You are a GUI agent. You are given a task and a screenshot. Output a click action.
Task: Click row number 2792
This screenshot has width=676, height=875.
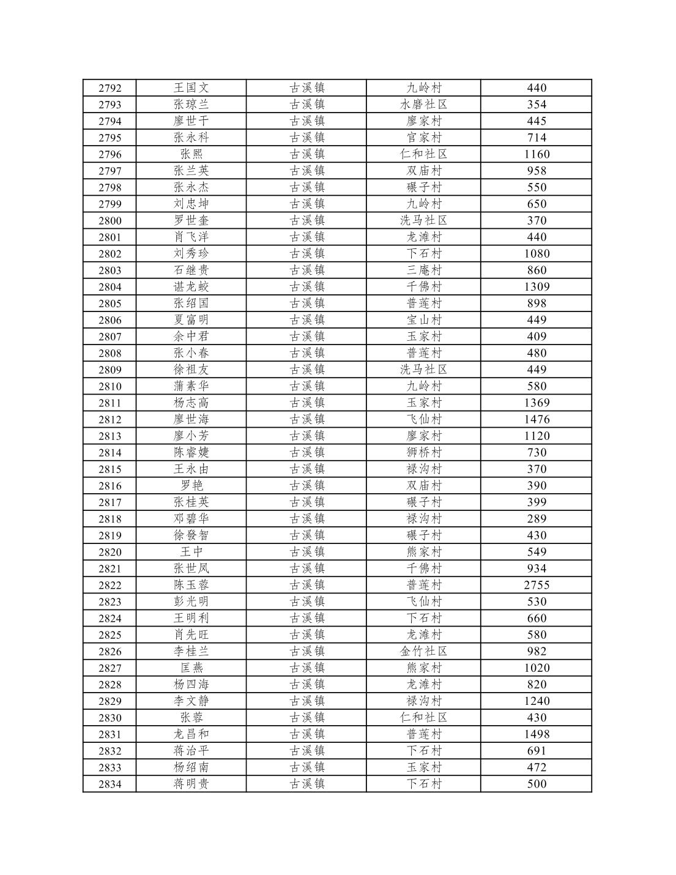coord(110,88)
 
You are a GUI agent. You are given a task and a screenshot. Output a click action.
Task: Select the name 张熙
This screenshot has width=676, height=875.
coord(191,154)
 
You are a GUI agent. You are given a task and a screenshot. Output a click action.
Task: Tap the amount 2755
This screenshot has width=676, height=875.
coord(537,585)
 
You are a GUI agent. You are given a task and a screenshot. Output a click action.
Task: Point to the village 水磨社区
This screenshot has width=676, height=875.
coord(423,105)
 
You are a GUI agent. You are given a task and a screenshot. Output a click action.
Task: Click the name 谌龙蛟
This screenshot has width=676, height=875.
coord(191,287)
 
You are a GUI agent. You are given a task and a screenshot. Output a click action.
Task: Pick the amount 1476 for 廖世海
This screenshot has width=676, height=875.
coord(537,420)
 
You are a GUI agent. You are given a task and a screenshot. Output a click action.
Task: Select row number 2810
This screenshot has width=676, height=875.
coord(110,386)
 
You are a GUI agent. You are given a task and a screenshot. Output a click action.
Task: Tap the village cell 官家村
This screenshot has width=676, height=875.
coord(423,138)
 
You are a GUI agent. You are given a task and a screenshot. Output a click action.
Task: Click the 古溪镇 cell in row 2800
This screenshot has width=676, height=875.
coord(306,221)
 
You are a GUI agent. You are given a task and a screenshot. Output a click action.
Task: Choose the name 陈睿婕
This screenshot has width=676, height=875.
coord(191,453)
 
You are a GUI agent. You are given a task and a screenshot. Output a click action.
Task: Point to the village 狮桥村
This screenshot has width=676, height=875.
coord(423,453)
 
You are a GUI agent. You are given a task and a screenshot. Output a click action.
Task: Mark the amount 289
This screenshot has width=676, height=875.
coord(537,519)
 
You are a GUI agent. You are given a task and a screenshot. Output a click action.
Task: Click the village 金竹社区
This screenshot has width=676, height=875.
coord(423,652)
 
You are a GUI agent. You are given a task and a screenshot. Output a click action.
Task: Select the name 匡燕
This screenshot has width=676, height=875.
coord(191,668)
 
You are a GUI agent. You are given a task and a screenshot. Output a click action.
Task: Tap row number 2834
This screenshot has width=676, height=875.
coord(110,784)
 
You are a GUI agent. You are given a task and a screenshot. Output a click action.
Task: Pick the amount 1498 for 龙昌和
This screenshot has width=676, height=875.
coord(537,734)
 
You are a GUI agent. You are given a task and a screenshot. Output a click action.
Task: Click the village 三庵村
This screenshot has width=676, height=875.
coord(423,270)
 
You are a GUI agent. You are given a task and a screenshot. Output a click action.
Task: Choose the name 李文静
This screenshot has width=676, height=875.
coord(191,701)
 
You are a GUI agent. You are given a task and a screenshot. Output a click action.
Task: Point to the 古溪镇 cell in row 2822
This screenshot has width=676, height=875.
coord(306,585)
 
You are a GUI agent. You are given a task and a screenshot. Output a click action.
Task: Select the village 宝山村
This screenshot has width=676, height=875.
coord(423,320)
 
